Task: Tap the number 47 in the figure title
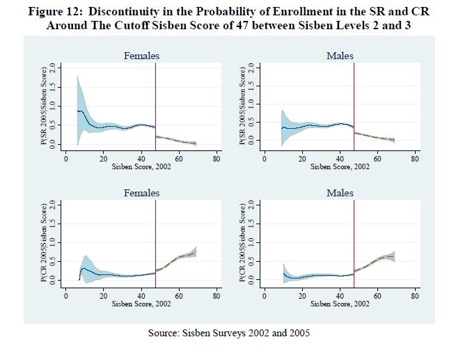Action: coord(242,25)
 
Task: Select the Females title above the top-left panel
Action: coord(141,56)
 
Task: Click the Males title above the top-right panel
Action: coord(340,56)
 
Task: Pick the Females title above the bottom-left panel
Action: coord(141,193)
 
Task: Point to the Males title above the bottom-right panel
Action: coord(340,193)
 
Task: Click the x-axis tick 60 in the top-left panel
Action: coord(179,159)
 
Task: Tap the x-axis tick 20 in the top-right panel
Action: coord(301,159)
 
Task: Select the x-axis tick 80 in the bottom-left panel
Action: coord(217,296)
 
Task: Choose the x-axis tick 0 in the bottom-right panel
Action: coord(265,296)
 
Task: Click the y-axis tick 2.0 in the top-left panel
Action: coord(52,68)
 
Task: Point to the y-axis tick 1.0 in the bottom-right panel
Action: coord(251,242)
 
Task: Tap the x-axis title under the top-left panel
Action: coord(141,167)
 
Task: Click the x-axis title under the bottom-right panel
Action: coord(340,304)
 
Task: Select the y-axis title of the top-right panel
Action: coord(242,106)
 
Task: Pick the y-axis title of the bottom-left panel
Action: coord(44,242)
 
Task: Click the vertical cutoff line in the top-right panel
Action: coord(354,107)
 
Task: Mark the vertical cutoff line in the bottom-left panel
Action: coord(155,244)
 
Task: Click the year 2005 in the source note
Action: coord(299,333)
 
